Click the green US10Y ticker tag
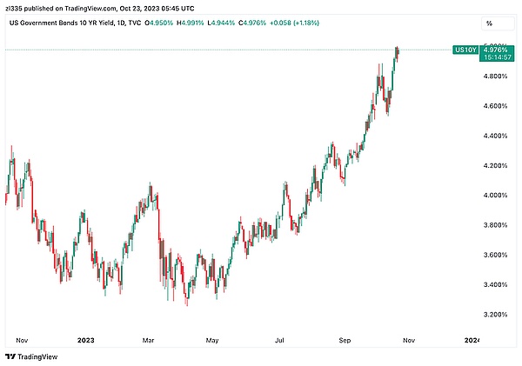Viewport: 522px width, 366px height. (x=465, y=50)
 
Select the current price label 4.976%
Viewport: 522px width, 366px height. (x=496, y=50)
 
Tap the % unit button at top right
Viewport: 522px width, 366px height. (x=488, y=23)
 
